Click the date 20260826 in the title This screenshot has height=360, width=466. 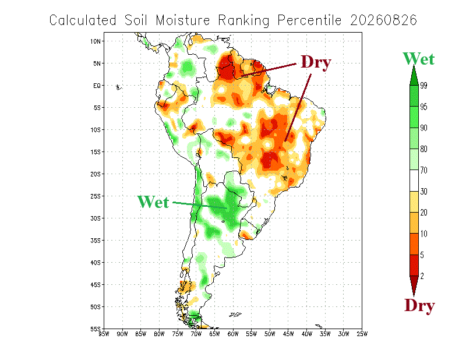(384, 20)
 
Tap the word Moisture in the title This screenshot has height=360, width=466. (183, 20)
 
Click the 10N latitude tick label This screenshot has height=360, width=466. (96, 41)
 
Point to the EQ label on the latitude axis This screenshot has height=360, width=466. (97, 86)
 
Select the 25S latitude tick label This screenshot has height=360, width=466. (96, 196)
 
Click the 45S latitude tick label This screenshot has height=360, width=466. (96, 285)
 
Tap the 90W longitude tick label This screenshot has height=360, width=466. (122, 334)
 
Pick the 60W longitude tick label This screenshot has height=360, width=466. (232, 334)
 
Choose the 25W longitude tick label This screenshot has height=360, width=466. (362, 334)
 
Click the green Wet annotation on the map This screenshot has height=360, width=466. (153, 202)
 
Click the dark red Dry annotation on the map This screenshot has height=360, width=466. (316, 62)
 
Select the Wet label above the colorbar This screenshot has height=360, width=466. (418, 59)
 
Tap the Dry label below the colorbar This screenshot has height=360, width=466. (419, 305)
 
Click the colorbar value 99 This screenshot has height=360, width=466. (423, 86)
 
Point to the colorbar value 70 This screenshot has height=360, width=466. (423, 170)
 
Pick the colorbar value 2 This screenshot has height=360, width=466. (422, 276)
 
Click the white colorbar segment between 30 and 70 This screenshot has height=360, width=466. (414, 181)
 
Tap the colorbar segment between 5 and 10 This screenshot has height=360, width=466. (414, 244)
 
